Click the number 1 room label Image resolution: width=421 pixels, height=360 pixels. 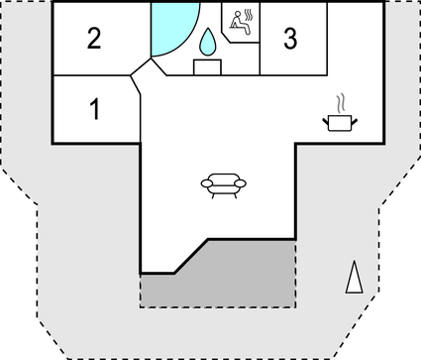95,109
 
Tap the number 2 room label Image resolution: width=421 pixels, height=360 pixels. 94,40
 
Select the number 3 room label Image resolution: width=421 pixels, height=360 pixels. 289,40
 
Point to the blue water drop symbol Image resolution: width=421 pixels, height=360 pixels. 208,43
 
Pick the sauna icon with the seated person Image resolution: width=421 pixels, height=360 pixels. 241,22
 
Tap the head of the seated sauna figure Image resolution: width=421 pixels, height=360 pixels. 236,15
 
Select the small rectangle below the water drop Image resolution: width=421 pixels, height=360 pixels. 207,67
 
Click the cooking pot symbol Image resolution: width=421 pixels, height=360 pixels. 339,121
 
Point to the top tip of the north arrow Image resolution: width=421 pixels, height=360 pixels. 352,262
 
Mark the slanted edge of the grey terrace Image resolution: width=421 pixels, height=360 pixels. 190,255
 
